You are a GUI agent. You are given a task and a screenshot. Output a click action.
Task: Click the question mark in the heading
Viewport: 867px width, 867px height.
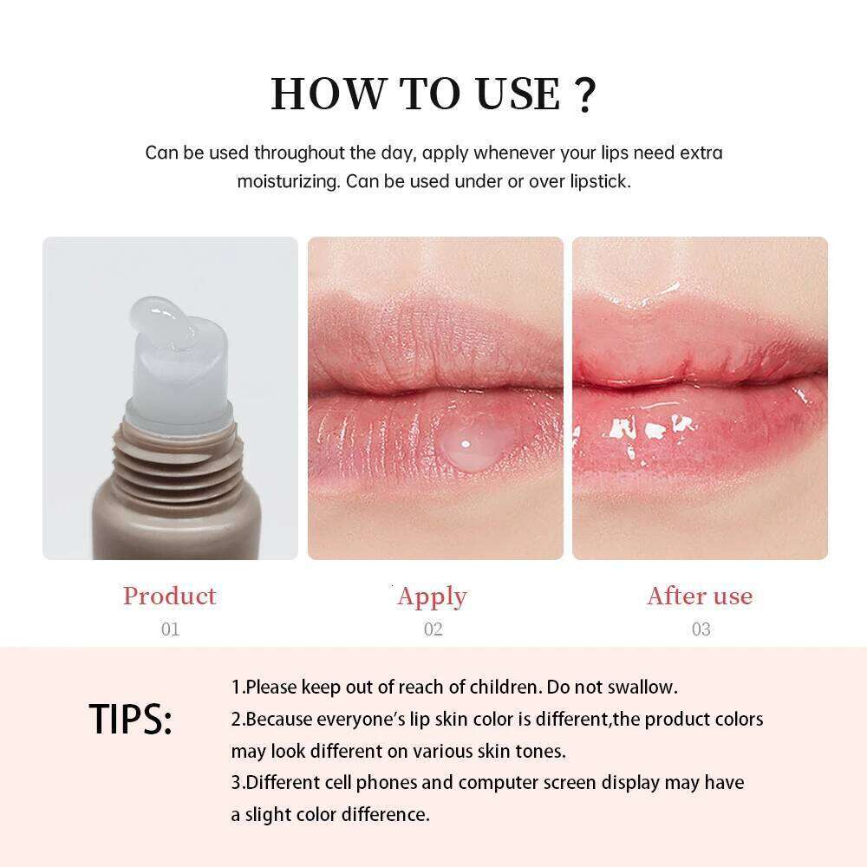coord(585,95)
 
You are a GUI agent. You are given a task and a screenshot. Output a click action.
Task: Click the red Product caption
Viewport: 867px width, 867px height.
coord(169,596)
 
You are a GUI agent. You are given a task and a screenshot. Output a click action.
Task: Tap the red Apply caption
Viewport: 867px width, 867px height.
coord(432,596)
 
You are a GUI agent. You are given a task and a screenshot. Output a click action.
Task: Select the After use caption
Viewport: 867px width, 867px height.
coord(700,596)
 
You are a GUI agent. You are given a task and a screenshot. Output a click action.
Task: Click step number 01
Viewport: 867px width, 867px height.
coord(170,629)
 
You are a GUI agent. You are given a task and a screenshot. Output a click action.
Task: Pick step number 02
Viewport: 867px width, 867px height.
coord(433,629)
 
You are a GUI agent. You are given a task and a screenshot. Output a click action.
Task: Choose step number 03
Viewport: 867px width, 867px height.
coord(701,629)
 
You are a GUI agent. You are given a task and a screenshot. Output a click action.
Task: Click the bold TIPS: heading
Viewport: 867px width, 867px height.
coord(131,720)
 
